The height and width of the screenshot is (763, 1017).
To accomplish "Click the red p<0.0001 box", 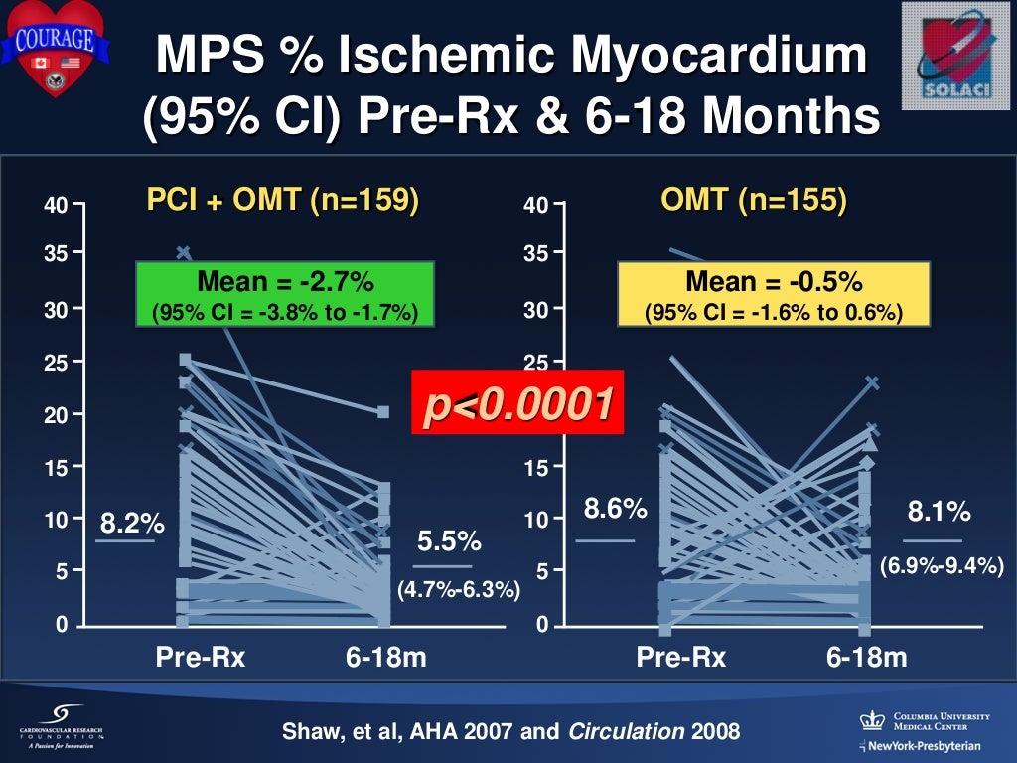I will click(517, 402).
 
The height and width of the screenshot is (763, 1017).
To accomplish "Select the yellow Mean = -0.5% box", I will click(774, 294).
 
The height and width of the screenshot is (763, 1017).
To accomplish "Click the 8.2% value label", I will click(132, 523).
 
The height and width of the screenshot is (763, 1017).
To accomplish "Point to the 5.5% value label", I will click(449, 541).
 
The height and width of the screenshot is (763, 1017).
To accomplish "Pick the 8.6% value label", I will click(615, 511).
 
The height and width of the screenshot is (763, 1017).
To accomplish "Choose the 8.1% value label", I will click(939, 513).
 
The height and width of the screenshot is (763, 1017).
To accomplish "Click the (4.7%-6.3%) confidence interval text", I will click(459, 590).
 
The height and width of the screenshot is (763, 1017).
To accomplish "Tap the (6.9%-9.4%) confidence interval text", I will click(945, 566).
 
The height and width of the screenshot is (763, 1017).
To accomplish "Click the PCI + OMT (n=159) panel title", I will click(282, 201).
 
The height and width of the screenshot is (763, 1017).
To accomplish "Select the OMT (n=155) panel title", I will click(754, 201).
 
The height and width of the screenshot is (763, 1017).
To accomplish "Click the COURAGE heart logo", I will click(56, 48).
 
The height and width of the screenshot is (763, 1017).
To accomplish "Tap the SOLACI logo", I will click(956, 54).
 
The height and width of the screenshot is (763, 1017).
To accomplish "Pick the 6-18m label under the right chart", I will click(865, 657).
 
